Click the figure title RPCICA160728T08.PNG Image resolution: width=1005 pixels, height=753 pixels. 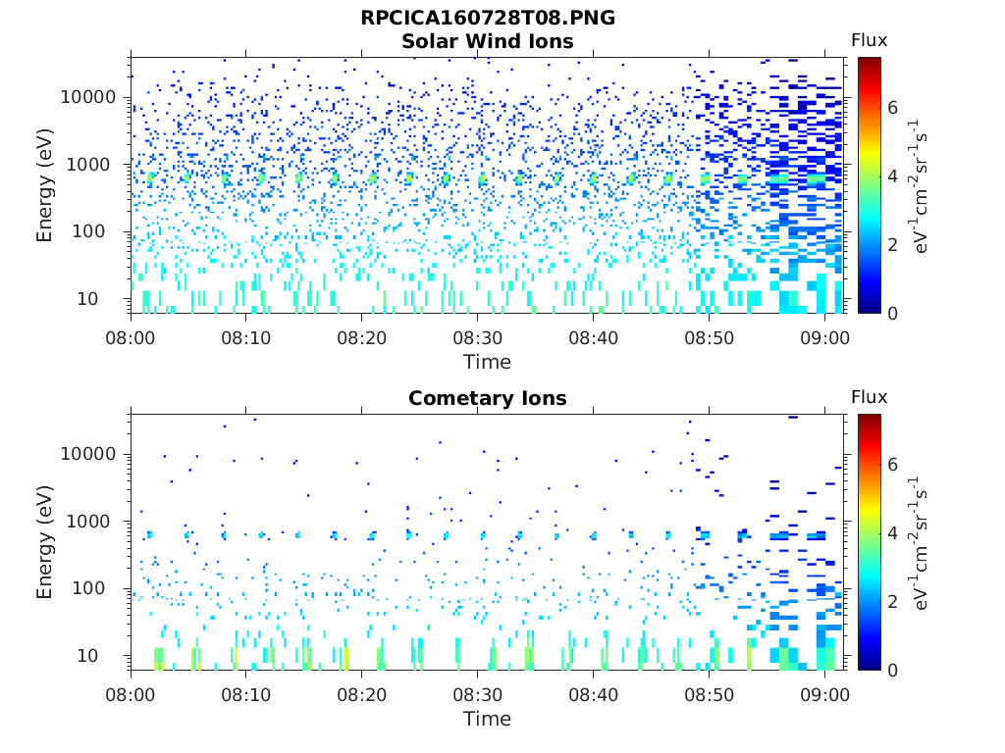(x=488, y=19)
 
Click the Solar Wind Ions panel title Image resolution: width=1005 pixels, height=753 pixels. (x=488, y=41)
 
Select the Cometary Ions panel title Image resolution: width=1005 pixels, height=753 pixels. (x=488, y=398)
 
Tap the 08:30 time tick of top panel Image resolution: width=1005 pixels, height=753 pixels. (x=477, y=338)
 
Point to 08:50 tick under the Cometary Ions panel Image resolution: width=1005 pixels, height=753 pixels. (x=709, y=695)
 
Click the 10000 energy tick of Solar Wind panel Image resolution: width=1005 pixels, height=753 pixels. (x=89, y=97)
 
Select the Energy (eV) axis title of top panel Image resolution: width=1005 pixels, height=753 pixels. (x=45, y=185)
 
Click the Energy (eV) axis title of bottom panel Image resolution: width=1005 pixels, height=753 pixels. (x=45, y=542)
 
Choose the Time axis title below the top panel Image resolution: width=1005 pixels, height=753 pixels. (x=488, y=362)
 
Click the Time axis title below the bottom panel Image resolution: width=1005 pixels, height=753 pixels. (x=488, y=719)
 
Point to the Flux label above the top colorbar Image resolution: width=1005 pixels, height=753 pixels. (x=869, y=40)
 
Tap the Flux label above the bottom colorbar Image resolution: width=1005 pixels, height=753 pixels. (x=869, y=397)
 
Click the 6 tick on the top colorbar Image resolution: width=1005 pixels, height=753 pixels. (x=893, y=107)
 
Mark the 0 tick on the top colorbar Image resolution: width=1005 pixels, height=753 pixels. (x=893, y=313)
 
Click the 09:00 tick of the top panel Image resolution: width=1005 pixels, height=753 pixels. (x=824, y=338)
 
